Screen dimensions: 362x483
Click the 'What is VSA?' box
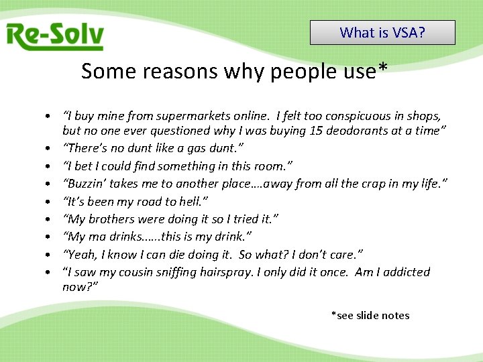click(x=382, y=32)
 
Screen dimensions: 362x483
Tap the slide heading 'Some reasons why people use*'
click(x=234, y=71)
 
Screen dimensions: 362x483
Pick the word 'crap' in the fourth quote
click(x=375, y=184)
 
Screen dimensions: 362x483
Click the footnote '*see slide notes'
click(x=370, y=315)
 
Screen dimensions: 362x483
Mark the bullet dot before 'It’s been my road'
click(x=50, y=202)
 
